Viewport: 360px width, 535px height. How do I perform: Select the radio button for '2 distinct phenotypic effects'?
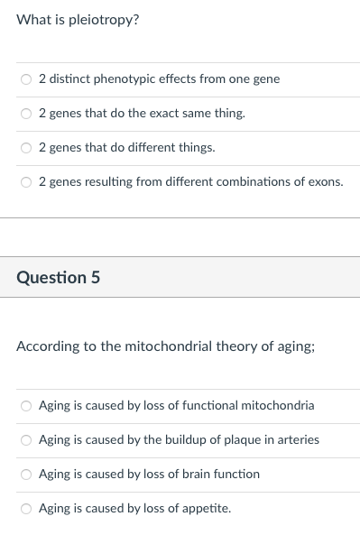[27, 79]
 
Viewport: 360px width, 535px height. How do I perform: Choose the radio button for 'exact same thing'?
[27, 114]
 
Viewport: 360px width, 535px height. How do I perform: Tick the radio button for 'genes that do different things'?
[27, 148]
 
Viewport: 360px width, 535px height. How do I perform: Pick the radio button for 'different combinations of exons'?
[27, 182]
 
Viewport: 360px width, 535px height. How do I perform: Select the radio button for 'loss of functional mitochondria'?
[27, 406]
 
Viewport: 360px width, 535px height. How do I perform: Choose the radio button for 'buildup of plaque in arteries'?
[27, 440]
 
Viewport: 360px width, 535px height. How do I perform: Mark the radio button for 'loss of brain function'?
[27, 475]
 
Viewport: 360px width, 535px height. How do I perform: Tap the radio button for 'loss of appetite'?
[27, 509]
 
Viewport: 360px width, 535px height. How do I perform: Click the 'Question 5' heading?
[58, 277]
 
